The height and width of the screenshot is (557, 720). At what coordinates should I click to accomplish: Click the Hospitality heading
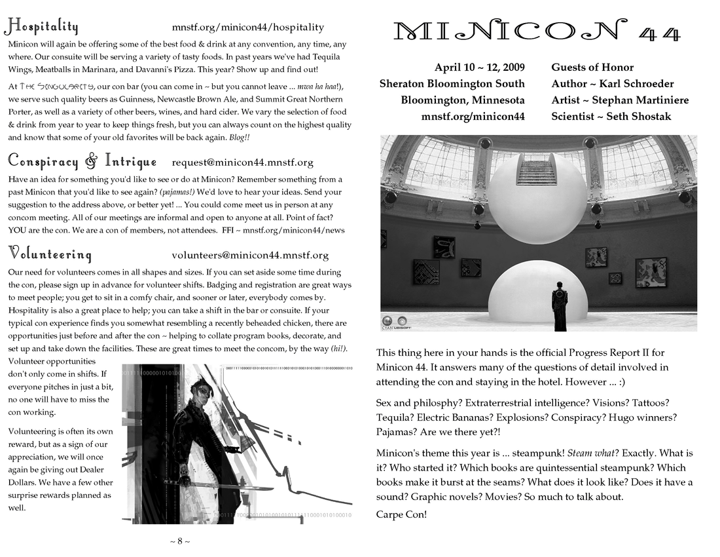point(42,26)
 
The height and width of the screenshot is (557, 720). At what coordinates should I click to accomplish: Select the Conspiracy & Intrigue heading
point(82,161)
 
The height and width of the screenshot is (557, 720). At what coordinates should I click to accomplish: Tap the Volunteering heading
point(50,254)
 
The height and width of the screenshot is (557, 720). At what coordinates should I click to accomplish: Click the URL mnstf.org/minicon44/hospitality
point(248,28)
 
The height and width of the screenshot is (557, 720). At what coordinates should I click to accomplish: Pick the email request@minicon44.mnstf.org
point(242,163)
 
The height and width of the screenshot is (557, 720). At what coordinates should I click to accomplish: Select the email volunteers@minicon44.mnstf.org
point(250,256)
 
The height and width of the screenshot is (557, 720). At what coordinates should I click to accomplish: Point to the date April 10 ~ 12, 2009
point(479,67)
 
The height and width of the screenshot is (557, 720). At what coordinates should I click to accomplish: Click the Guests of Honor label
point(592,67)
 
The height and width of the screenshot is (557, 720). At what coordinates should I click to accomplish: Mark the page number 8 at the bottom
point(180,541)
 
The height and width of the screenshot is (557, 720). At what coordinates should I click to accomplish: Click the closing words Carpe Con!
point(401,514)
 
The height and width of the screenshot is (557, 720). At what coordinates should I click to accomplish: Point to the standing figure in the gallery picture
point(560,306)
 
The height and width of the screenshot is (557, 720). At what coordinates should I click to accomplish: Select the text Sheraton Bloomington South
point(452,84)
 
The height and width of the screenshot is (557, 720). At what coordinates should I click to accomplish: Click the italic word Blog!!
point(239,138)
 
